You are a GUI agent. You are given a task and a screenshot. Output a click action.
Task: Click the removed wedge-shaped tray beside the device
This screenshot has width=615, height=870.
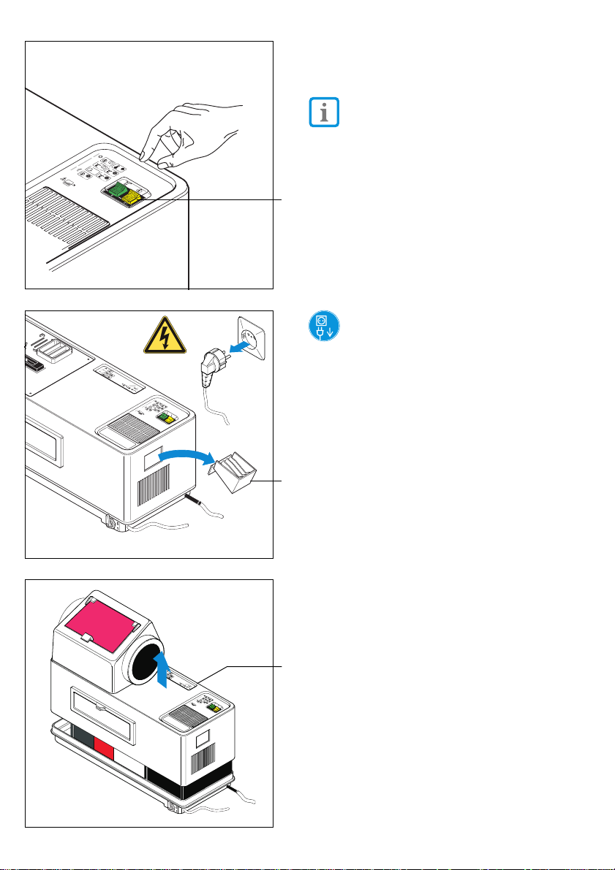point(235,474)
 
